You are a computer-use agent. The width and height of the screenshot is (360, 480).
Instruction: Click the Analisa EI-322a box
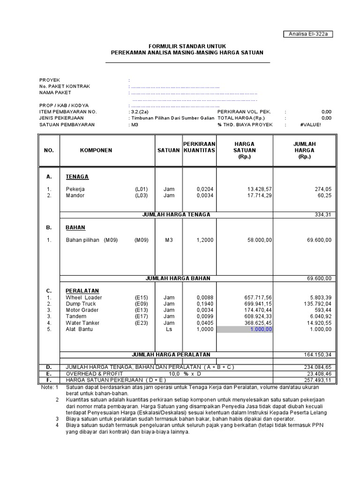311,34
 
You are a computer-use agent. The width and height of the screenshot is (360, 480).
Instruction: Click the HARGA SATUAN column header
244,150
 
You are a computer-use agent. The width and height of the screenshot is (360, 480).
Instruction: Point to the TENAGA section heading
77,177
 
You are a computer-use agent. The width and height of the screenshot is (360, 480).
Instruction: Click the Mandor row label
75,195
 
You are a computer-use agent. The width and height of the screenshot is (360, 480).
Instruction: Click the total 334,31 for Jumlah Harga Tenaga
322,215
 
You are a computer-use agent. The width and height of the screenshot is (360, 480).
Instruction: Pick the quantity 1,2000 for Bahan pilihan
204,240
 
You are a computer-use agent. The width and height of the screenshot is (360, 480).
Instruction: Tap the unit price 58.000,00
257,240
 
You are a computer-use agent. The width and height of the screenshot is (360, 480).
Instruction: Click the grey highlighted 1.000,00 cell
244,330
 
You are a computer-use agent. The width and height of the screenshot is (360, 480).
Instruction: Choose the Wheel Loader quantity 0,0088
204,298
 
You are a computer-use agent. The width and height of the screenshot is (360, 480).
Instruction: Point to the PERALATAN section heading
82,291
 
